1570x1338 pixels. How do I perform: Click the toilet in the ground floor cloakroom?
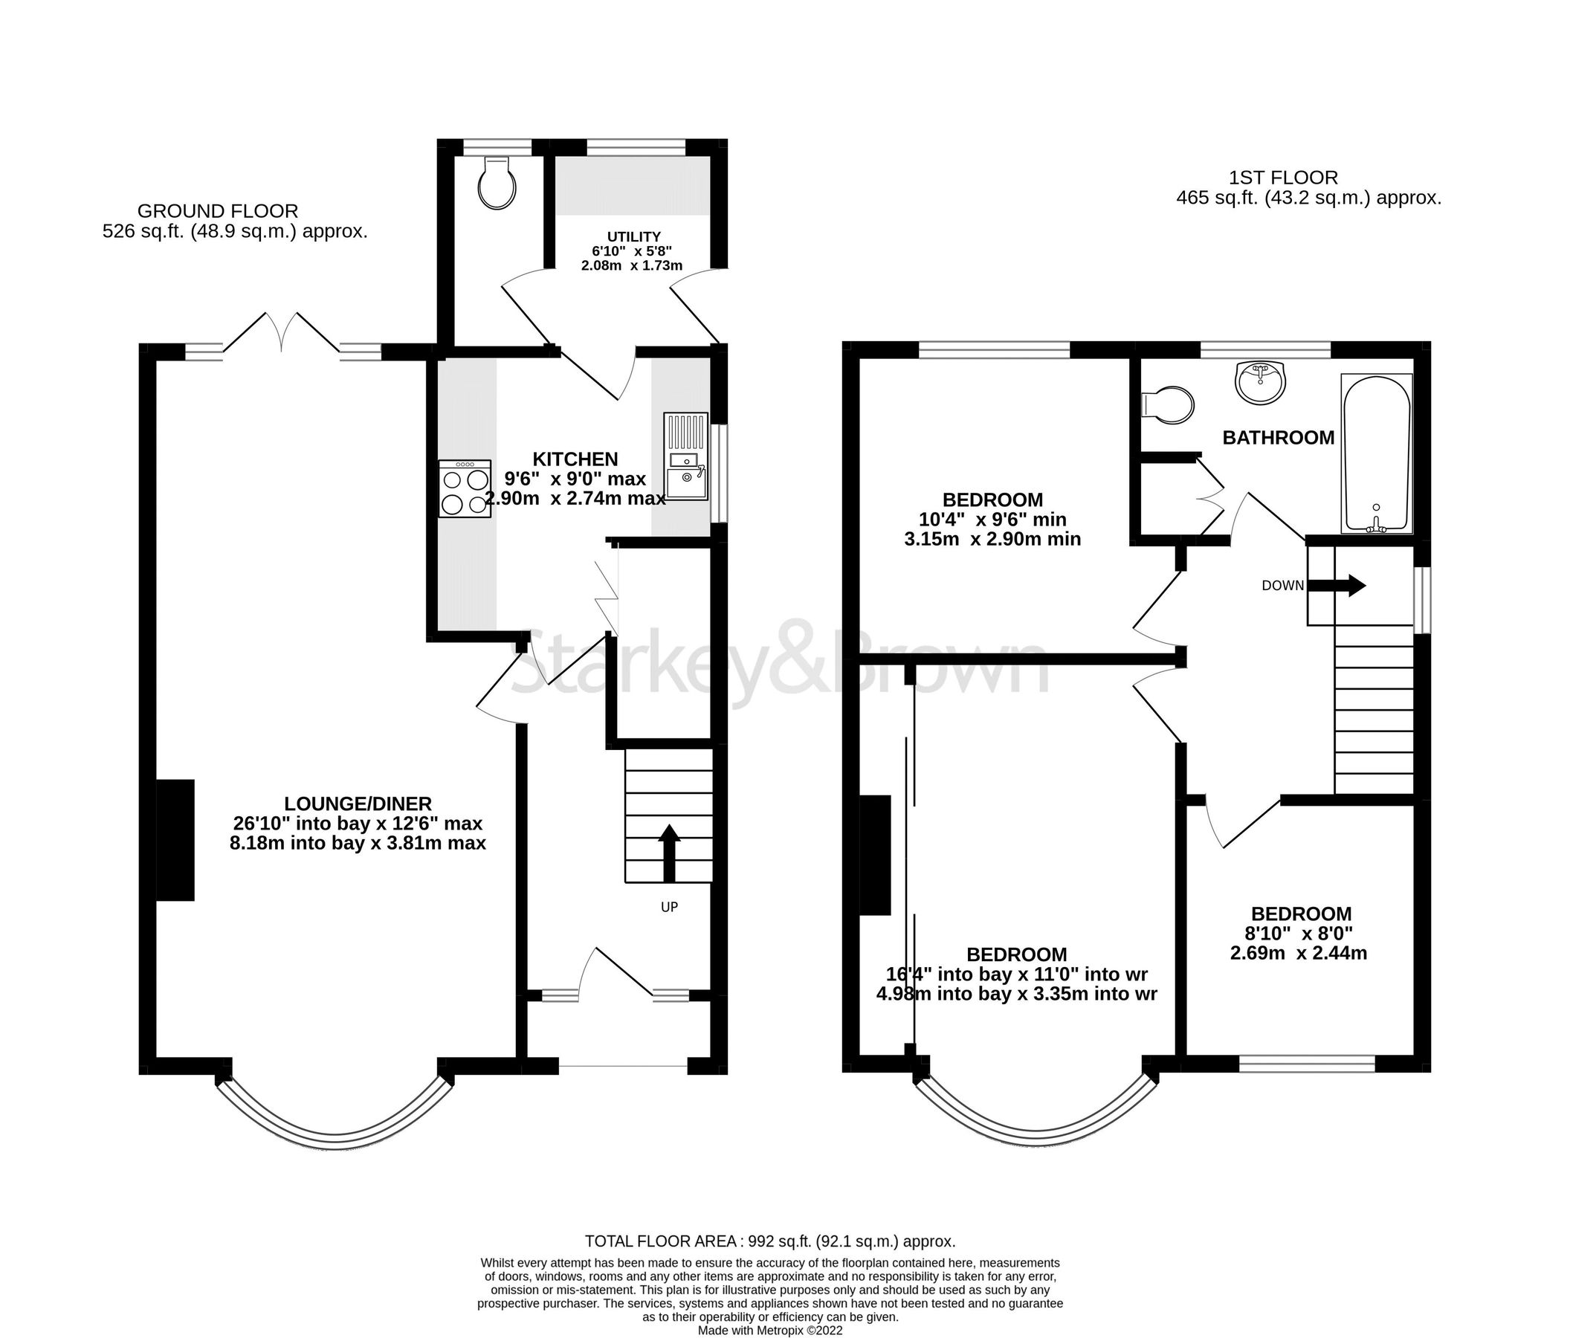(x=497, y=184)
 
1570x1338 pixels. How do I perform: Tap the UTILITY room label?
(x=633, y=236)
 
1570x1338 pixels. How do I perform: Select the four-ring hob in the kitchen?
(x=465, y=490)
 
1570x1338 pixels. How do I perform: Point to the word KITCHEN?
(x=575, y=459)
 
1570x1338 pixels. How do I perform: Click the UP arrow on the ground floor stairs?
(x=668, y=853)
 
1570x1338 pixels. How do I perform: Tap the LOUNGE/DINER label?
(x=358, y=803)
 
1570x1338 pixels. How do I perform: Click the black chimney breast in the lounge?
(x=175, y=840)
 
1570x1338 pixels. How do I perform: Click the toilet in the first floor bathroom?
(x=1167, y=404)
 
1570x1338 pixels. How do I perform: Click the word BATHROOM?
(x=1279, y=438)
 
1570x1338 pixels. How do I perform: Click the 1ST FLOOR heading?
(x=1283, y=178)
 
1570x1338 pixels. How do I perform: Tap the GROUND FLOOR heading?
(x=218, y=211)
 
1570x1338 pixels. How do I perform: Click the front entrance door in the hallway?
(x=614, y=972)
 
